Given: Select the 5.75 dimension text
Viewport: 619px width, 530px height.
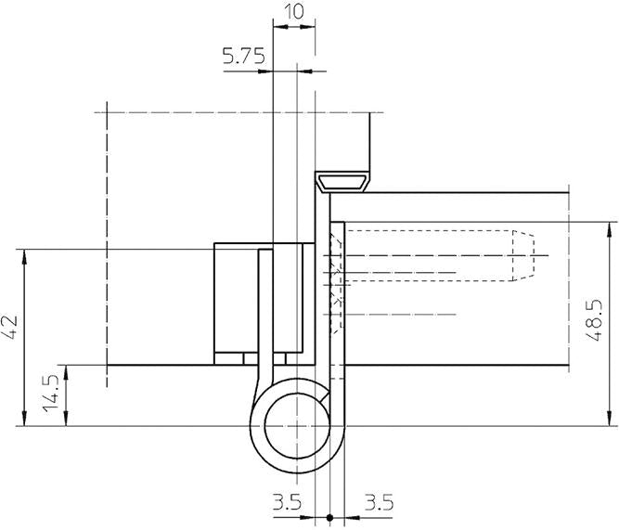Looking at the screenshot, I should (244, 57).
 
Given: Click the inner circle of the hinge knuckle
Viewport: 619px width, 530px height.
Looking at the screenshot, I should (294, 427).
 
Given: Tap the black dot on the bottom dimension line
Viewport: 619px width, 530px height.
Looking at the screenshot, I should (330, 517).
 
